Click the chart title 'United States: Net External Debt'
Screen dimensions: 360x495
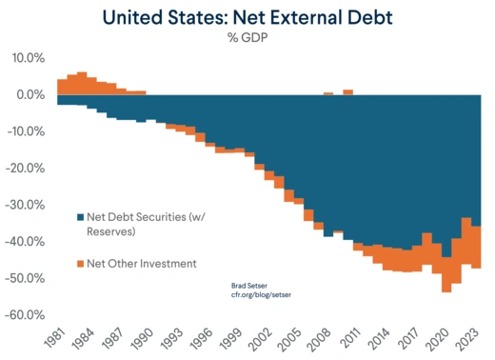point(247,17)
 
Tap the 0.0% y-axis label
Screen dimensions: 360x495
point(28,95)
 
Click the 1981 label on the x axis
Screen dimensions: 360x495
point(55,337)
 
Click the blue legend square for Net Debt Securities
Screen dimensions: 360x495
point(79,216)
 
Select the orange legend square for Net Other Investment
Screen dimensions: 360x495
point(79,263)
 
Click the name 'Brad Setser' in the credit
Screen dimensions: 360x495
point(250,285)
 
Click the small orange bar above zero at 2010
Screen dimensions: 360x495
point(347,92)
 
